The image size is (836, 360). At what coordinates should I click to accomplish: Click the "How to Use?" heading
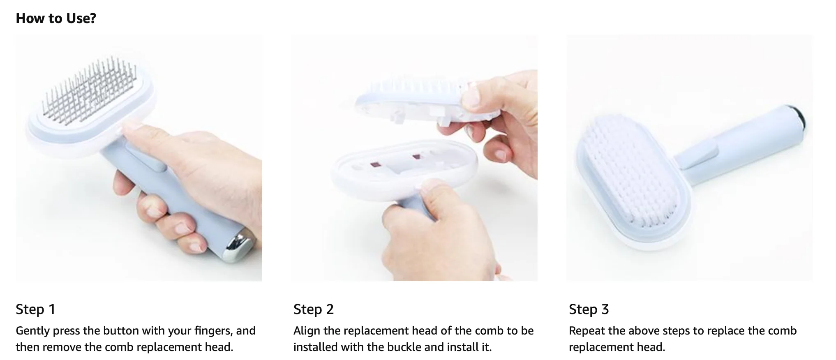pos(56,18)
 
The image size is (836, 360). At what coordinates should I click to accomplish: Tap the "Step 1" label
pos(35,309)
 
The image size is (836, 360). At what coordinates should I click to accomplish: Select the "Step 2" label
pos(314,309)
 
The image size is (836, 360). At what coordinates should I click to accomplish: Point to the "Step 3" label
pos(589,309)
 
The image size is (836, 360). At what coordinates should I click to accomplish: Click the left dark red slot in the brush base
pos(375,164)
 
